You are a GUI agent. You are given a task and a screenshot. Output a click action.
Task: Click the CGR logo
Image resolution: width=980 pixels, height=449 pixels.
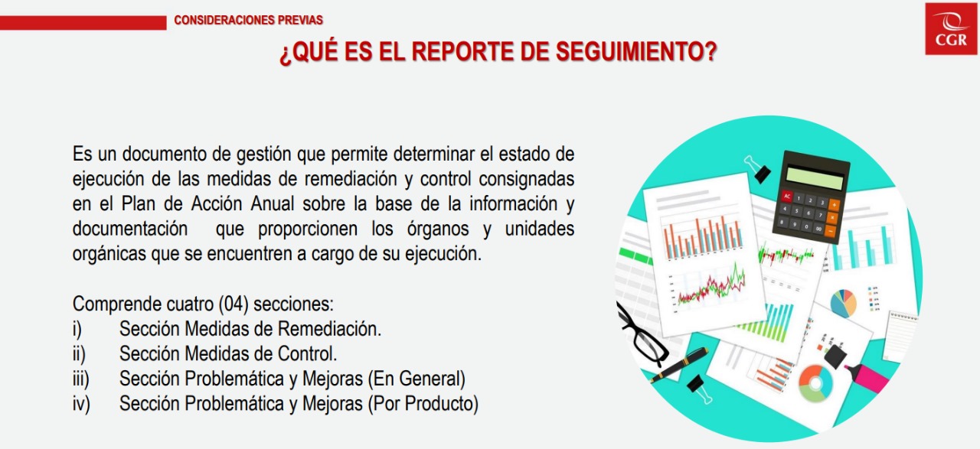click(951, 29)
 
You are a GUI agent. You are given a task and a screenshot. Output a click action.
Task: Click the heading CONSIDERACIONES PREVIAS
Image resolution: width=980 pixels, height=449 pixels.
click(249, 20)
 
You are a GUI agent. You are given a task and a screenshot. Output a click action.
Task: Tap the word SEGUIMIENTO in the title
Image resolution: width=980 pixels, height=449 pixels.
click(636, 51)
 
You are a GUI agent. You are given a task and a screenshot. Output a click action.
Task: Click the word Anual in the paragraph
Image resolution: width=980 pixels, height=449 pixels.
click(272, 203)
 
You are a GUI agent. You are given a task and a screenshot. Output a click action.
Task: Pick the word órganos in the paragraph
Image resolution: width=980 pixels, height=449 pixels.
click(438, 229)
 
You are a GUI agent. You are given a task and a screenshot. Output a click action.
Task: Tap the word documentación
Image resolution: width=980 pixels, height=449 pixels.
click(130, 229)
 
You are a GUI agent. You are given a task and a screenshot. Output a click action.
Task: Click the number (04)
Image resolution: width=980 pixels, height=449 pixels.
click(234, 304)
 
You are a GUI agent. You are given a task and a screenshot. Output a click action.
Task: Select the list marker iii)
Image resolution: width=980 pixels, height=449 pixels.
click(81, 379)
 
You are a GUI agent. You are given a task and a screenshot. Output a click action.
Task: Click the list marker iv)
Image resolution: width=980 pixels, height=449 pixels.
click(81, 404)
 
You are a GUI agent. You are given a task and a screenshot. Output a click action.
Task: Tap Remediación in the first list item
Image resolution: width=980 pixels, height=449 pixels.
click(329, 329)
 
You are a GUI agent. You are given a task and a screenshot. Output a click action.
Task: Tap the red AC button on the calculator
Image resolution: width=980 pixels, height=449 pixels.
click(788, 195)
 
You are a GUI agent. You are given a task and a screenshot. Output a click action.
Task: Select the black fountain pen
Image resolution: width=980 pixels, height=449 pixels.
click(679, 364)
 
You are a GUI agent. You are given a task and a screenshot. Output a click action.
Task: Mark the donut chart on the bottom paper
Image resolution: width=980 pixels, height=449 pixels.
click(815, 383)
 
